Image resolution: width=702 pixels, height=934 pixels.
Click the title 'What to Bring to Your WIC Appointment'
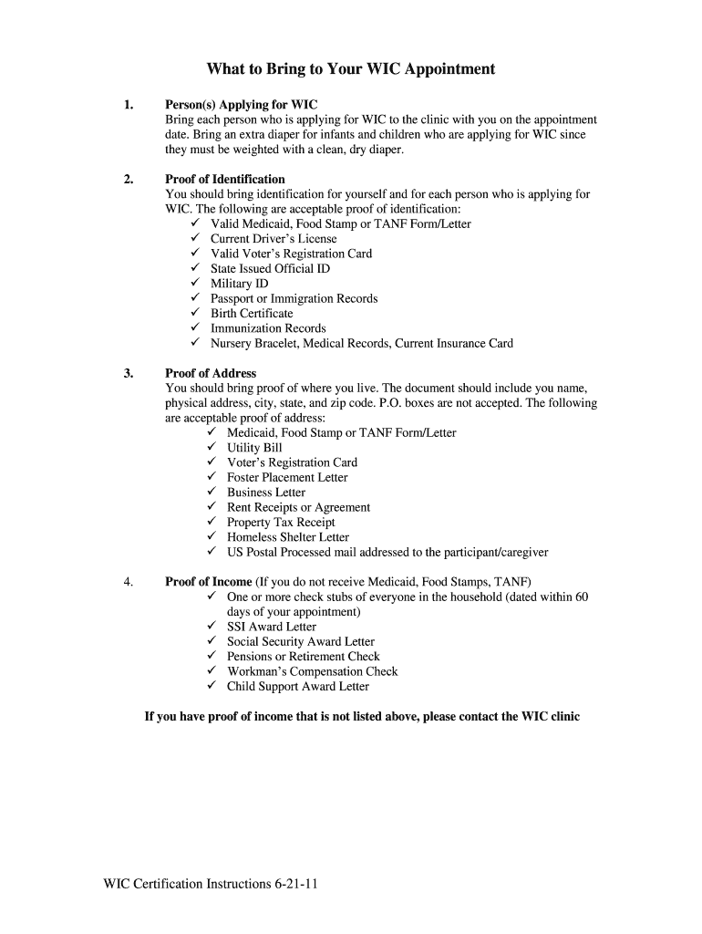(350, 68)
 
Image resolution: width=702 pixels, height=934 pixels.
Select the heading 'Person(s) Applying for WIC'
(241, 105)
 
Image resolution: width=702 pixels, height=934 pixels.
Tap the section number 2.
(129, 179)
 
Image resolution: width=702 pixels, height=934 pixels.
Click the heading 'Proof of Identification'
(224, 179)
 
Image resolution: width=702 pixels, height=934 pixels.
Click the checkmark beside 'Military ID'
(195, 284)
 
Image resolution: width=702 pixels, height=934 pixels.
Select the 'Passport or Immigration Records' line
(294, 298)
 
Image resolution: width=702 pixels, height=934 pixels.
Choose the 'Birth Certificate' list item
(252, 314)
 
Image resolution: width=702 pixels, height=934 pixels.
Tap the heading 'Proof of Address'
(210, 373)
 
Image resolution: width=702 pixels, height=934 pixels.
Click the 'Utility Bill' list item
(254, 448)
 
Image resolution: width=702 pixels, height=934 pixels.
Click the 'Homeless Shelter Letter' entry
(287, 537)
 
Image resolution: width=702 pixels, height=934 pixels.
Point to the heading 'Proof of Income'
(208, 582)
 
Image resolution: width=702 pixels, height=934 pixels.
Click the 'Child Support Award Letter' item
(298, 687)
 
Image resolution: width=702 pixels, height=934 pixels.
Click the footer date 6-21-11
(294, 885)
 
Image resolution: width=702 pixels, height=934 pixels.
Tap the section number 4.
(129, 582)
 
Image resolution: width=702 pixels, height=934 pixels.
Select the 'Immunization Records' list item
(268, 328)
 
